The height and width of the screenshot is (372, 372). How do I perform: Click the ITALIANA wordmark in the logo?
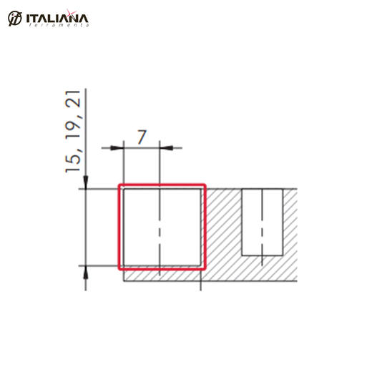57,19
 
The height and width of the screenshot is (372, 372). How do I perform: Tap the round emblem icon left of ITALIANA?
15,19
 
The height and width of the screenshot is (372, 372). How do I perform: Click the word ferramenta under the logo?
59,25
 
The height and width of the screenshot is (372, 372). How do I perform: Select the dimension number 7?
142,137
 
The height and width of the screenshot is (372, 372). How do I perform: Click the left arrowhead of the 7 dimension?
117,148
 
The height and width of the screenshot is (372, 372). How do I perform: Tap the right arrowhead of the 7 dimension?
166,148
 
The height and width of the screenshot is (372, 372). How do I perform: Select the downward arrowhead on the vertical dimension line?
86,182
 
